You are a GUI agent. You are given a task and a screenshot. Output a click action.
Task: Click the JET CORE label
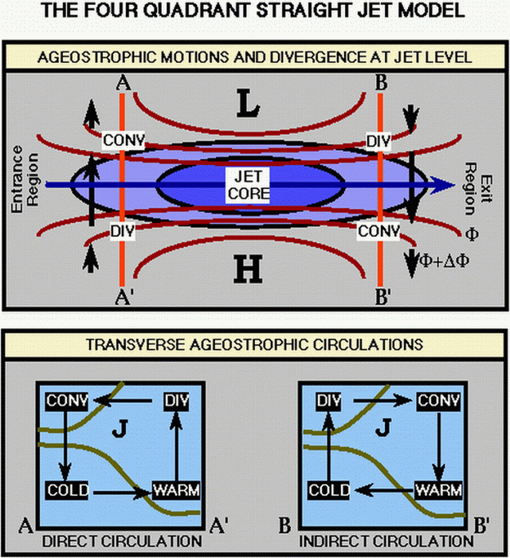[x=254, y=184]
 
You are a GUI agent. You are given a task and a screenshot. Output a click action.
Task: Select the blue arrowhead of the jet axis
[x=442, y=184]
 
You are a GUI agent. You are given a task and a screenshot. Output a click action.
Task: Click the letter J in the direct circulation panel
[x=120, y=431]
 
